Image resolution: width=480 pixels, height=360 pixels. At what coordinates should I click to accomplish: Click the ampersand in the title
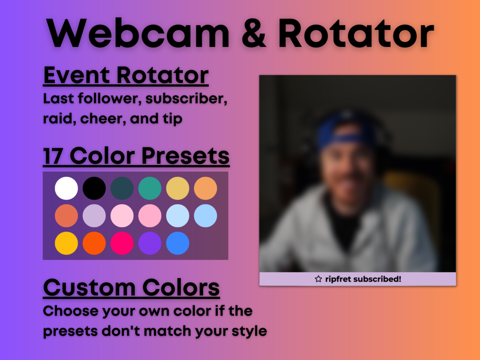(254, 33)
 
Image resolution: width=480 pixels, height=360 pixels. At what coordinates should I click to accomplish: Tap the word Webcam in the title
(138, 33)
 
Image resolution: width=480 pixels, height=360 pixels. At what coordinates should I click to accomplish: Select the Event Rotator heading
(126, 75)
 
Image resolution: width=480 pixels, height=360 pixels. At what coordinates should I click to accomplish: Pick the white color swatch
(66, 188)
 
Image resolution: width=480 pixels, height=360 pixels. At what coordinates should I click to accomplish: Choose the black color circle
(94, 188)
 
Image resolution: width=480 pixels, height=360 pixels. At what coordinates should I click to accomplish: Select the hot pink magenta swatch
(122, 244)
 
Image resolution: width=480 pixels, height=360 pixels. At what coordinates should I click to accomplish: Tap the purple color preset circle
(149, 244)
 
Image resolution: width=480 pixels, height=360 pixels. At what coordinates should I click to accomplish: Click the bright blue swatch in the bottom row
(178, 244)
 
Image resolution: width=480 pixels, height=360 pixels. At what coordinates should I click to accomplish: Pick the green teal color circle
(149, 188)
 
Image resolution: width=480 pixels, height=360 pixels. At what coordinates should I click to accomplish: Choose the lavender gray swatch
(94, 216)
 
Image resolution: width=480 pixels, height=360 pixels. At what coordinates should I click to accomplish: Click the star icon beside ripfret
(319, 279)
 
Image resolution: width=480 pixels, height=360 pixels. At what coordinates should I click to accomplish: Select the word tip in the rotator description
(172, 119)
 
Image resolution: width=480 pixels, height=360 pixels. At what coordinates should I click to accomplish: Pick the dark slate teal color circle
(122, 188)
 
